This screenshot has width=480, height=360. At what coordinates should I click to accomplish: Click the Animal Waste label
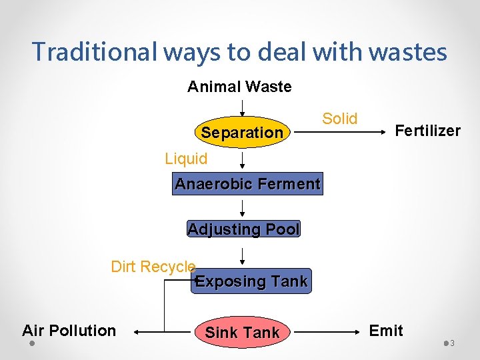239,87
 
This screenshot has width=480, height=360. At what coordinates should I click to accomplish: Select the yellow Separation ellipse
243,133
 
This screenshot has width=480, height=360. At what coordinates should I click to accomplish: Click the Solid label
340,119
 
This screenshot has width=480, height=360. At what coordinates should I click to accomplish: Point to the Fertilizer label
427,131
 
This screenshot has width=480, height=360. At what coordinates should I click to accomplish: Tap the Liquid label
186,159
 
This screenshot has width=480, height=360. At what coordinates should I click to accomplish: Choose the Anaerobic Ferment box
247,184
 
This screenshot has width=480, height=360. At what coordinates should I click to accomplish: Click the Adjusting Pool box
244,229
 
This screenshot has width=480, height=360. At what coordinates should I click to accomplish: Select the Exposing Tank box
251,281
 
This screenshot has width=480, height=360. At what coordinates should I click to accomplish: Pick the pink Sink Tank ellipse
242,332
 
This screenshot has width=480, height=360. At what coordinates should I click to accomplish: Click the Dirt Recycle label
153,267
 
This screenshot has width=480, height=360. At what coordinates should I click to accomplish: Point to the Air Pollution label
69,331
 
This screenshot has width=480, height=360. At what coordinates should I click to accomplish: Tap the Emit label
386,331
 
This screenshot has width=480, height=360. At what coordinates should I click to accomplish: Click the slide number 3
452,343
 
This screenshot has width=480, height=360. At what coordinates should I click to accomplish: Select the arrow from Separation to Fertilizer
340,133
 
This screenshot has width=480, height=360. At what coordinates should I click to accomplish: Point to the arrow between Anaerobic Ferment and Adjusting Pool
242,207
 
